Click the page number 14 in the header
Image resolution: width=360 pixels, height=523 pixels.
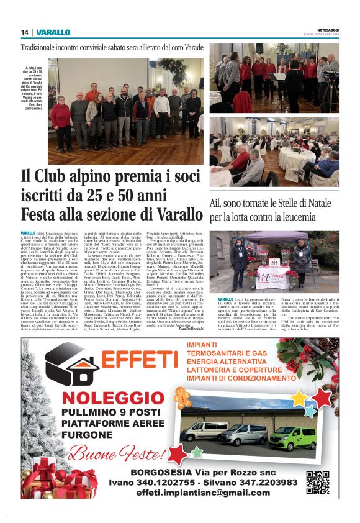tap(25, 32)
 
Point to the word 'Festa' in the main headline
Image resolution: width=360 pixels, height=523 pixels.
tap(43, 214)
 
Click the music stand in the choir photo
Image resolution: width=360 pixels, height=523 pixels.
tap(276, 77)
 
